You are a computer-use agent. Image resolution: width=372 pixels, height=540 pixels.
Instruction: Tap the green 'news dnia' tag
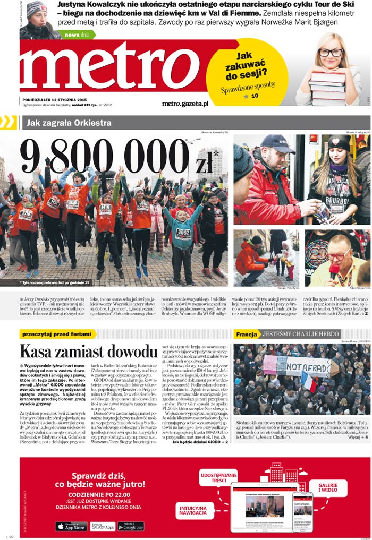(79, 35)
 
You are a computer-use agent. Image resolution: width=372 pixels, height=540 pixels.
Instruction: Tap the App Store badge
(71, 526)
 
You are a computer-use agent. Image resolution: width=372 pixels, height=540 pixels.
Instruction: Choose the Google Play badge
(131, 526)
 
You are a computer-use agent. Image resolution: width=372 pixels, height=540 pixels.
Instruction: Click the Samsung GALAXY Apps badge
(101, 526)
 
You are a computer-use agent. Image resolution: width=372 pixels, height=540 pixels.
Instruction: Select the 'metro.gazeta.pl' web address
(185, 104)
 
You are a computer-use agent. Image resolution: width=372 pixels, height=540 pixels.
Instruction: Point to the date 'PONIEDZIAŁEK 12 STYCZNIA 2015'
(55, 99)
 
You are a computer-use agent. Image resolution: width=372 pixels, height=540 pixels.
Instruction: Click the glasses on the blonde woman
(331, 52)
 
